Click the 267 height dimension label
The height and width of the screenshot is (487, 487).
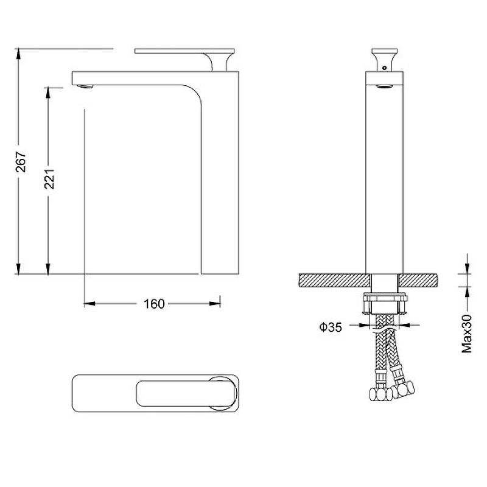coord(21,161)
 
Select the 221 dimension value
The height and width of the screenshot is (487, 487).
coord(49,179)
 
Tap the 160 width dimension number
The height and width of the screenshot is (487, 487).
coord(154,304)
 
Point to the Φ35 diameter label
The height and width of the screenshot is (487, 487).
coord(331,327)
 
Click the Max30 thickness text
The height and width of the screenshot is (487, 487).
coord(466,334)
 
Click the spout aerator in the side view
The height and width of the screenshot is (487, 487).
coord(85,86)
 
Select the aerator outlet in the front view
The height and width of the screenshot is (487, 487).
coord(384,86)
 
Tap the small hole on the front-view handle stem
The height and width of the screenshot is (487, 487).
coord(385,68)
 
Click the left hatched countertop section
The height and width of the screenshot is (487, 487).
coord(334,280)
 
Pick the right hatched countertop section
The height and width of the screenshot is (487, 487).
coord(418,280)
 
